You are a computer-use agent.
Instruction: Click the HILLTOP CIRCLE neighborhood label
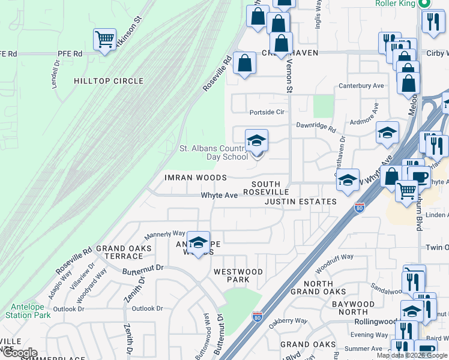click(109, 81)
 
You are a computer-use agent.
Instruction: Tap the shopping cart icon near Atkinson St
click(105, 40)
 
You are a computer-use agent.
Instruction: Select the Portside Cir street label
click(267, 112)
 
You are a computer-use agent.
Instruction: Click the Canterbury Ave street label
click(361, 86)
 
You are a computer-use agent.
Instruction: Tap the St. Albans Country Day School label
click(214, 152)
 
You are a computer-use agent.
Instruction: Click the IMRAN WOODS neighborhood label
click(196, 178)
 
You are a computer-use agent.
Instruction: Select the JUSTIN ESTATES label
click(301, 202)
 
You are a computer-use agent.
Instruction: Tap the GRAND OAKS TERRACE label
click(124, 252)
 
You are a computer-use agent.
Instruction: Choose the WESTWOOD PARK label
click(238, 276)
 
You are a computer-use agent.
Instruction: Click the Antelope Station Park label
click(28, 310)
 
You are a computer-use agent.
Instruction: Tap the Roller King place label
click(395, 4)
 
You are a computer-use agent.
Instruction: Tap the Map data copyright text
click(412, 355)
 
